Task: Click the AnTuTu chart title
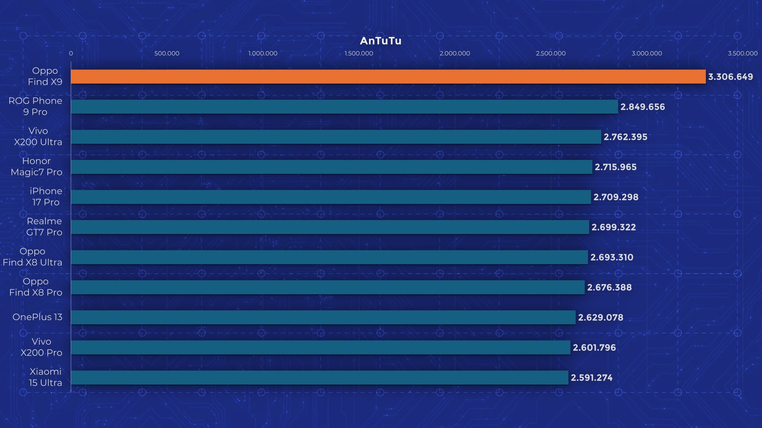click(x=380, y=41)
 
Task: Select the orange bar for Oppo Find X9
click(x=388, y=76)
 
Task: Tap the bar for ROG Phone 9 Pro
click(x=344, y=107)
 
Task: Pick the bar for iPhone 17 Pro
click(x=331, y=197)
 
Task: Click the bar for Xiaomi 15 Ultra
click(x=319, y=377)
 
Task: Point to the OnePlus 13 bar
click(x=323, y=317)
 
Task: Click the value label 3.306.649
click(x=730, y=77)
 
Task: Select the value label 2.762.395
click(x=625, y=137)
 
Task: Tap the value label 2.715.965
click(x=615, y=167)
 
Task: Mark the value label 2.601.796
click(x=594, y=348)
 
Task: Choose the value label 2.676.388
click(x=609, y=287)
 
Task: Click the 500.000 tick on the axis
click(x=167, y=53)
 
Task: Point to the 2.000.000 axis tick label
click(x=454, y=53)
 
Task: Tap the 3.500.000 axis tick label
click(x=742, y=53)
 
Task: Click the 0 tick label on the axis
click(x=71, y=53)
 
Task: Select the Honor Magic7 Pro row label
click(x=36, y=167)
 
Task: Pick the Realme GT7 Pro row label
click(x=44, y=227)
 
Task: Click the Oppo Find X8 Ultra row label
click(x=32, y=257)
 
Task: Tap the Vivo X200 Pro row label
click(x=41, y=347)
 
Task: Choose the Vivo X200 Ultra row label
click(x=38, y=136)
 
